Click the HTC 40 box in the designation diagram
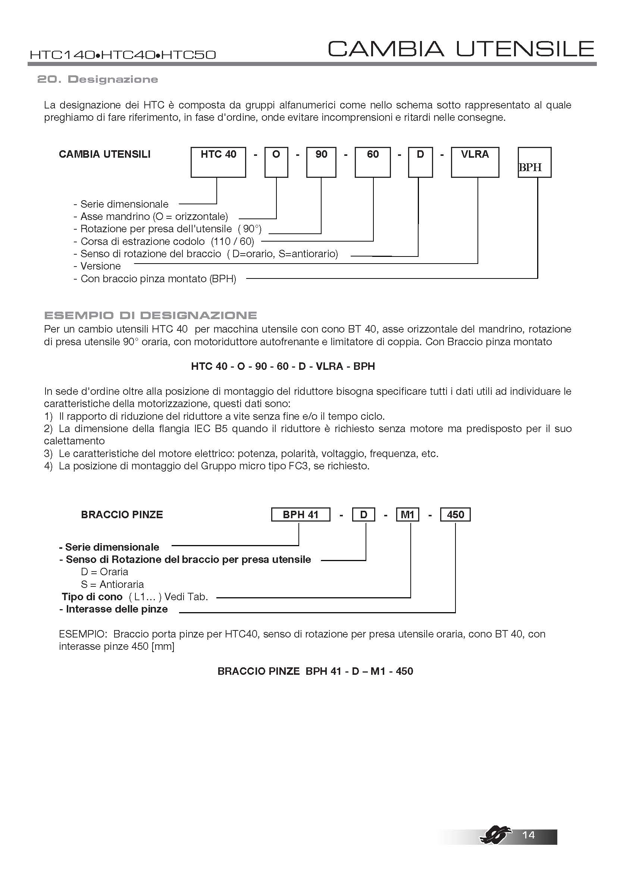218,162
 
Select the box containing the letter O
276,162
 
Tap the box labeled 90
321,162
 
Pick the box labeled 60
373,162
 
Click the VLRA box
475,162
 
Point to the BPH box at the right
535,163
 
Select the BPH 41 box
301,514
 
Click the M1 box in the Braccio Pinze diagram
407,514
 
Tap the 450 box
455,514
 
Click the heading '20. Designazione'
98,79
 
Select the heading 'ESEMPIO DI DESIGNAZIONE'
150,315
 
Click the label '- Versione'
97,266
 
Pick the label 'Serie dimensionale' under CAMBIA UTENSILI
121,204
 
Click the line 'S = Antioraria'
112,584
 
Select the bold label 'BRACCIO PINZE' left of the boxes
122,514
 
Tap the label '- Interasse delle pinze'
114,609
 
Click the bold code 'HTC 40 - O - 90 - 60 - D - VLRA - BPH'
283,366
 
